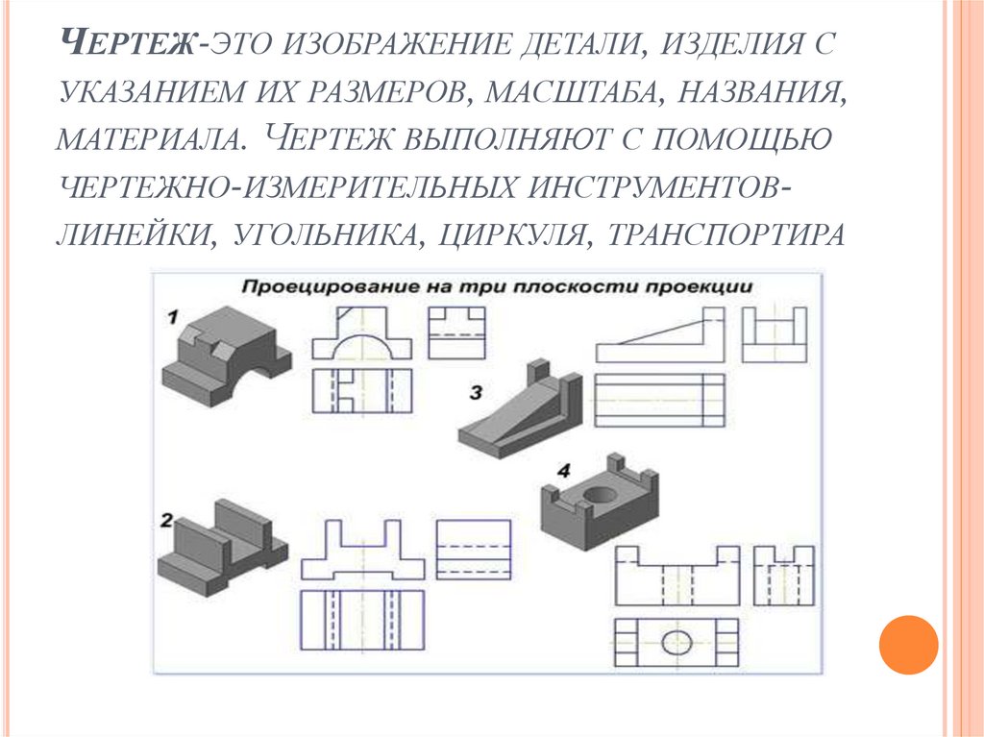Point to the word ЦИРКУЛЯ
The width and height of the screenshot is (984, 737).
pos(507,236)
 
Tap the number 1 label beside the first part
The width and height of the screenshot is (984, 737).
pos(174,316)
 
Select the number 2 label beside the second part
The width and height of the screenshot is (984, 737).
pos(166,521)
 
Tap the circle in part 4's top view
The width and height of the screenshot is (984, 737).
pos(676,641)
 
